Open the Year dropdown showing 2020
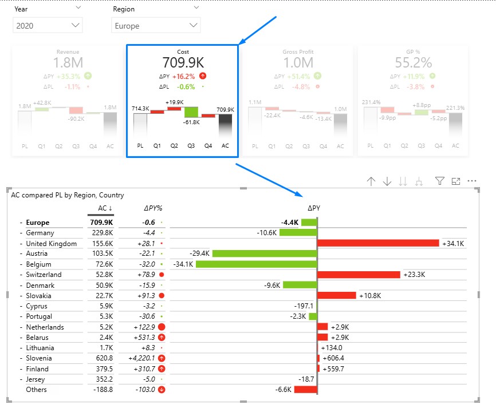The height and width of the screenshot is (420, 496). coord(48,25)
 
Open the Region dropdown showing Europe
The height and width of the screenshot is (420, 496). coord(156,25)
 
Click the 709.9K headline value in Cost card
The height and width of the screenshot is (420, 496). coord(183,62)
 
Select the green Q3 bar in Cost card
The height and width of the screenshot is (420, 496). coord(191,112)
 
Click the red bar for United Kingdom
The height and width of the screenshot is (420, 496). coord(378,243)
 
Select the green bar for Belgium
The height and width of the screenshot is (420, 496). coord(256,264)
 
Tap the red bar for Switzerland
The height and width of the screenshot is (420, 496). coord(359,275)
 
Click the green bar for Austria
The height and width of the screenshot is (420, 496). coord(265,253)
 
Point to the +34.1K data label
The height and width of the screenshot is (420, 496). coord(452,244)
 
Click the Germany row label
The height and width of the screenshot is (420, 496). coord(40,233)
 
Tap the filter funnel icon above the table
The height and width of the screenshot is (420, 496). coord(439,181)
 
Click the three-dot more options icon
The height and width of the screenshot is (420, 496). coord(473,181)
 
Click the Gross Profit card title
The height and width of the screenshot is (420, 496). coord(298,52)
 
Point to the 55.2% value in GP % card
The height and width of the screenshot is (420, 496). coord(413,62)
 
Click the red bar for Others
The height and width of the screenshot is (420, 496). coord(306,390)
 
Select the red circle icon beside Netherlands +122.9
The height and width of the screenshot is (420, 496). coord(162,327)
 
